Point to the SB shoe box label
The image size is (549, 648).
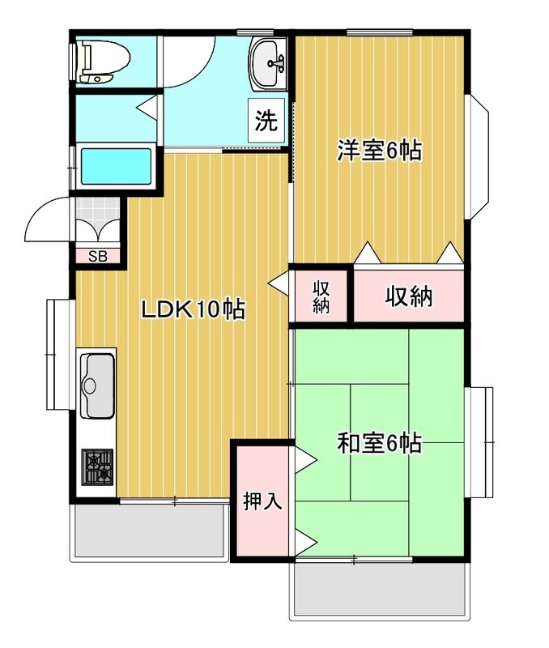tap(97, 258)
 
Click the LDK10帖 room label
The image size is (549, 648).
tap(193, 309)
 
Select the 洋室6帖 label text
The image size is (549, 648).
tap(379, 150)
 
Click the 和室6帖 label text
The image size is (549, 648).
tap(379, 443)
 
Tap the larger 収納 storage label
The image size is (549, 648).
tap(409, 296)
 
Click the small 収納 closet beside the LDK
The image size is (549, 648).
tap(321, 297)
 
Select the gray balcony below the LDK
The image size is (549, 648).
tap(150, 531)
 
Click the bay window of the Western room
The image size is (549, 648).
tap(478, 157)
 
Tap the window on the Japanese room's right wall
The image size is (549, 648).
tap(480, 442)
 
